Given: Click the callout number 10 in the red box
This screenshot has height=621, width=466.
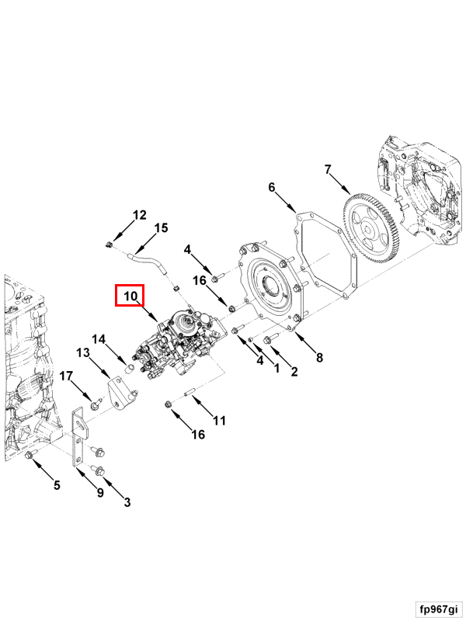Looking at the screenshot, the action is [x=130, y=296].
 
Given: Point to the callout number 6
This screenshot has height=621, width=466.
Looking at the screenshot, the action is [x=271, y=187].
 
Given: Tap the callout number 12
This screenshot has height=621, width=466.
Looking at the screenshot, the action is [x=140, y=215].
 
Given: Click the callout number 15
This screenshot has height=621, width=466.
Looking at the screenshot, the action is [x=161, y=228].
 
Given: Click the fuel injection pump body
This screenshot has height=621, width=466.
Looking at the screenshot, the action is [x=179, y=344].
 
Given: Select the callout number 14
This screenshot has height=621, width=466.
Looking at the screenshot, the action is [x=99, y=339].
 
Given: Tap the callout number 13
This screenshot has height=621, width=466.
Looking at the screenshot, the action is [x=83, y=352].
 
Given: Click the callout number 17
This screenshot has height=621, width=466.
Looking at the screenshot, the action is [x=66, y=376].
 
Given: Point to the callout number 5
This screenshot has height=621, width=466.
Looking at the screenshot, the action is [x=57, y=485].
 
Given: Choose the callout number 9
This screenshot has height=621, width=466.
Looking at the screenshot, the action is [x=100, y=492].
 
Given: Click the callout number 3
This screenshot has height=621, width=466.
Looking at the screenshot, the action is [x=127, y=502].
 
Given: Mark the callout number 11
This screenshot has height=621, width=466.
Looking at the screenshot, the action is [x=219, y=420].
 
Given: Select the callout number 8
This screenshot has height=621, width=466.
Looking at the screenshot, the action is [x=319, y=358].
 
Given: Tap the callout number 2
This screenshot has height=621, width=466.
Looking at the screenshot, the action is [x=294, y=371].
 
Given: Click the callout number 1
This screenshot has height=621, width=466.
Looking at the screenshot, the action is [x=277, y=368].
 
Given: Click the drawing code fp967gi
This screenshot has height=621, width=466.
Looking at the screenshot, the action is [x=439, y=609].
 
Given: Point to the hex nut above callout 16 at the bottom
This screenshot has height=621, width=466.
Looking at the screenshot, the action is [x=168, y=404].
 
